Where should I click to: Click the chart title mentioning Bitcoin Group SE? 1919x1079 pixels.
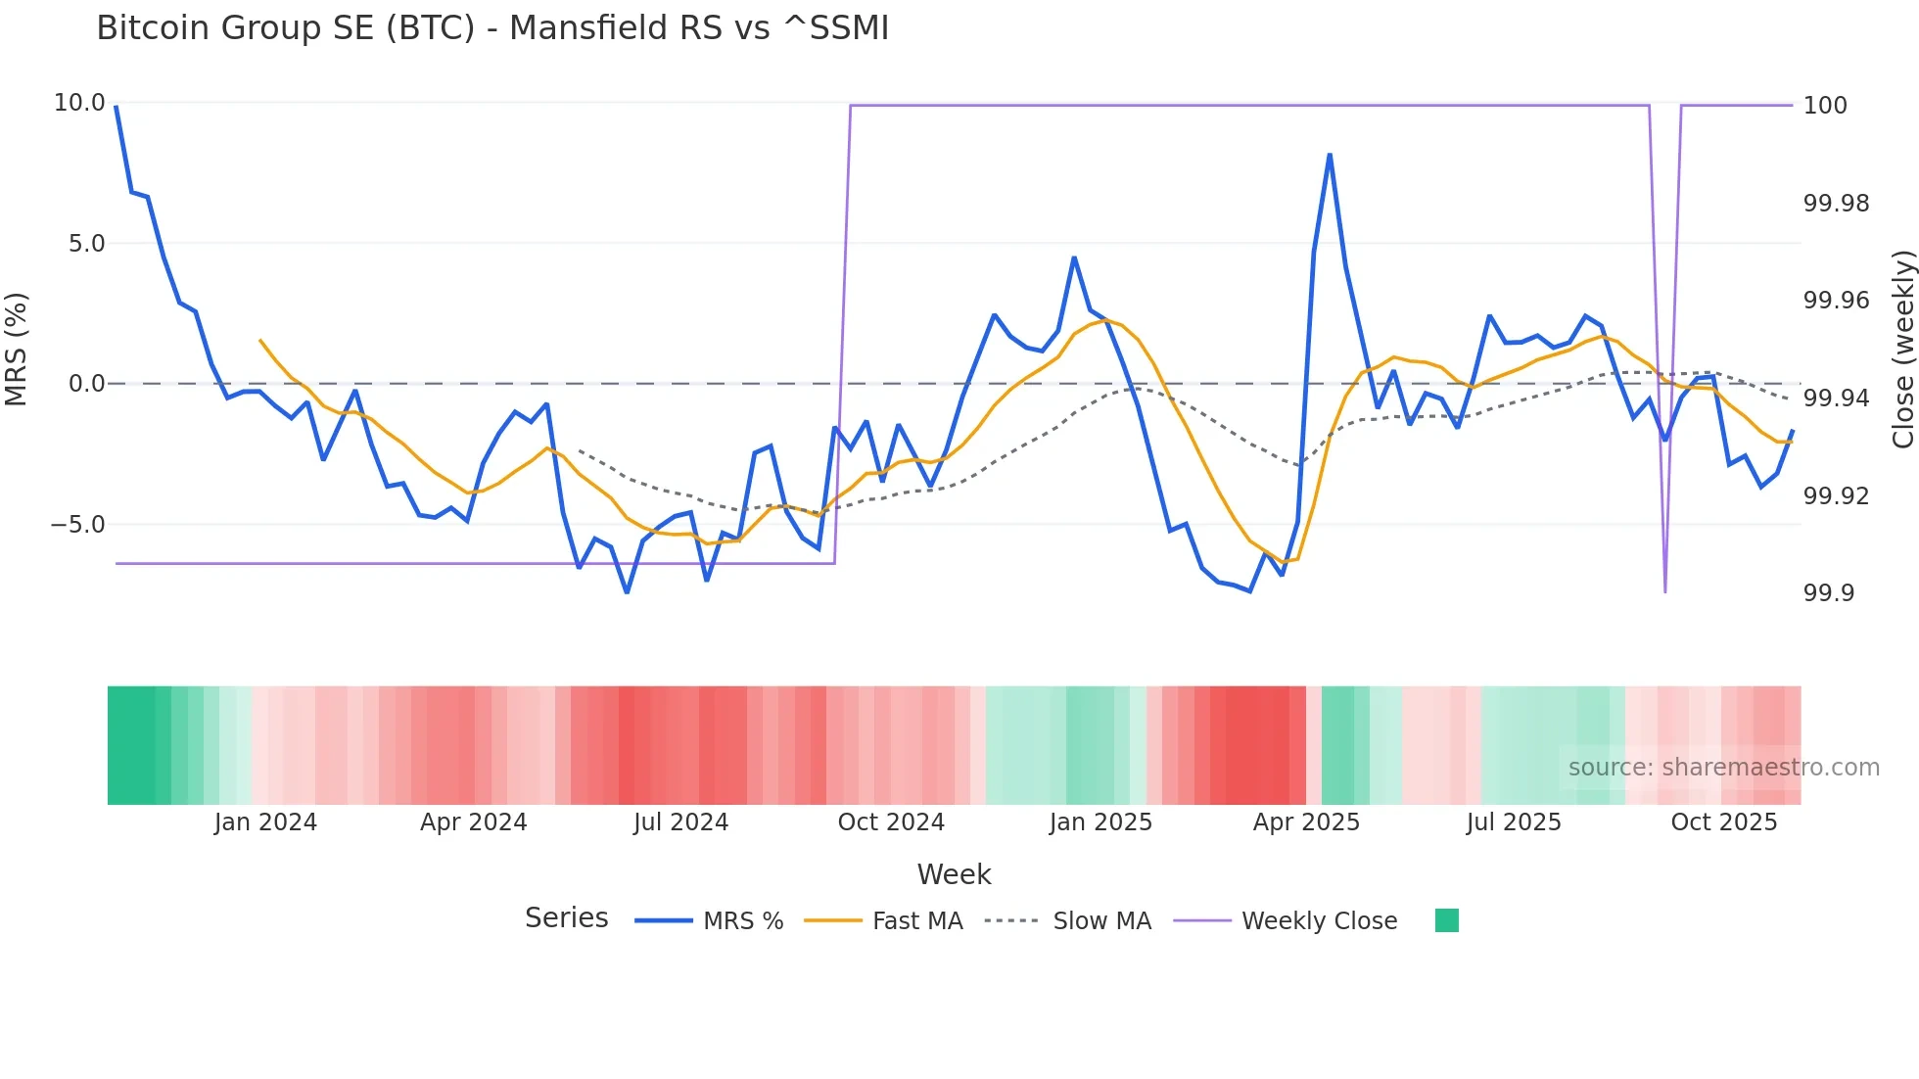pos(492,28)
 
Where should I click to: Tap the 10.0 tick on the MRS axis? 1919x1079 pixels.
pos(79,103)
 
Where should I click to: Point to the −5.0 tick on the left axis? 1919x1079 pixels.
pos(77,525)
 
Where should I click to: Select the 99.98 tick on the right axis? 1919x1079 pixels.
pos(1836,204)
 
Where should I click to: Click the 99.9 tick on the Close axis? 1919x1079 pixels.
pos(1828,593)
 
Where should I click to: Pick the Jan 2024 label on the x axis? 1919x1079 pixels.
pos(265,822)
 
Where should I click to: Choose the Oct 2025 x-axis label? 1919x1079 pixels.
pos(1723,822)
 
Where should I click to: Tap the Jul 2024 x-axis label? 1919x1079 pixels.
pos(680,822)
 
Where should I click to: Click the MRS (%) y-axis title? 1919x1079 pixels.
pos(17,350)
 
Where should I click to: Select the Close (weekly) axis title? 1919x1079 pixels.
pos(1902,350)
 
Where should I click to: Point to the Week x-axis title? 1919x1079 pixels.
pos(954,874)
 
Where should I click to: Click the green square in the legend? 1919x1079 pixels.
pos(1446,920)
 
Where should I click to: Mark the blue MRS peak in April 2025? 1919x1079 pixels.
pos(1330,155)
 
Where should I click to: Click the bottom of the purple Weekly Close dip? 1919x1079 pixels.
pos(1664,591)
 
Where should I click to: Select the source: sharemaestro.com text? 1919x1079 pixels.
pos(1723,768)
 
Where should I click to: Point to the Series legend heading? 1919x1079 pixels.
pos(566,918)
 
